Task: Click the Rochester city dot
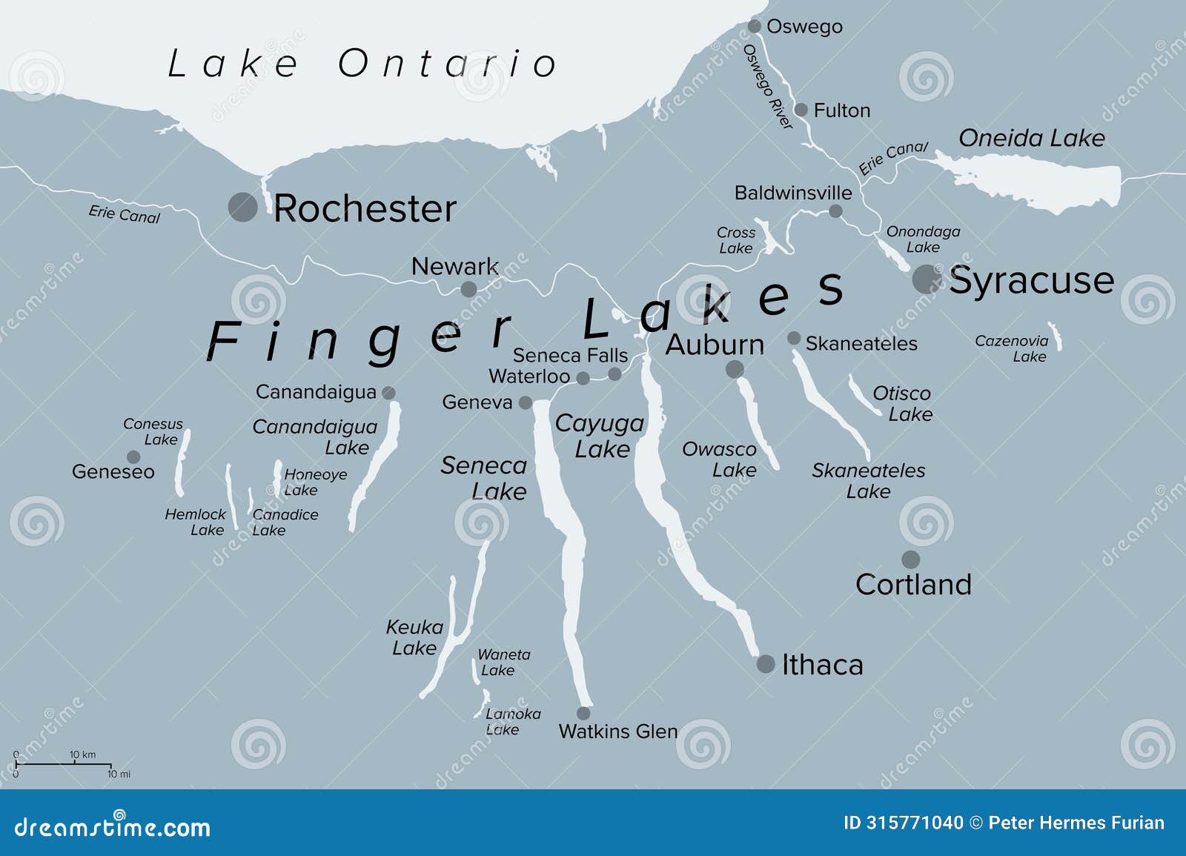242,207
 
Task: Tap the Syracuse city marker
926,279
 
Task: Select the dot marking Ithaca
766,663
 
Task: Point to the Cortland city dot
910,560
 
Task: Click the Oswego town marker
755,27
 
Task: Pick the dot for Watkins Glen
583,713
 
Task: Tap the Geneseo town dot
133,457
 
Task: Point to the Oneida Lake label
1031,138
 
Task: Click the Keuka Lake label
414,637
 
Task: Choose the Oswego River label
768,86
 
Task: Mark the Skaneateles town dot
794,339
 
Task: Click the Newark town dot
468,289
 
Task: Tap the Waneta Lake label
504,662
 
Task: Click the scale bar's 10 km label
83,754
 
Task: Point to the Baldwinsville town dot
835,211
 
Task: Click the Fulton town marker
801,110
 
